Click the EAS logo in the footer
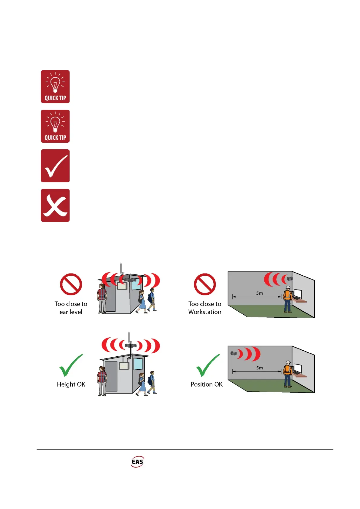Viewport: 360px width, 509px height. pos(137,462)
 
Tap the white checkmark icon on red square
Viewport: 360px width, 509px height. pos(55,166)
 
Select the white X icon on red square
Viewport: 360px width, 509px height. pos(55,206)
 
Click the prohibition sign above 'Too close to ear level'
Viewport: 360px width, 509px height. pos(71,284)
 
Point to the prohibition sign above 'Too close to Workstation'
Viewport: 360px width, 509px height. pos(205,284)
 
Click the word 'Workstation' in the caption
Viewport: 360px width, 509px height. pos(205,312)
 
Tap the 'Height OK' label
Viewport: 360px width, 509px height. pos(71,384)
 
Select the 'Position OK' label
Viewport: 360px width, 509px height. pos(207,384)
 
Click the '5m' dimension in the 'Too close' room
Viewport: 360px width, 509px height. pos(260,293)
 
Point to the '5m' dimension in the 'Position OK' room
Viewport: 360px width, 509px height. pos(260,368)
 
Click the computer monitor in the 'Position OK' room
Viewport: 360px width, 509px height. pos(298,368)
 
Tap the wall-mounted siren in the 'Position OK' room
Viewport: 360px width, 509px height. pos(233,353)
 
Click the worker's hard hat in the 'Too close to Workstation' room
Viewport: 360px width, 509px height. pos(288,287)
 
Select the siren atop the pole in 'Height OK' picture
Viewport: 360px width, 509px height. pos(130,345)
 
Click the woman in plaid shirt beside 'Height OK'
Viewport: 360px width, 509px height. pos(102,381)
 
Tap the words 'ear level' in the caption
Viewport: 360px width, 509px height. pos(71,312)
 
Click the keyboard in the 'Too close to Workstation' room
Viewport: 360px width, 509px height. pos(296,298)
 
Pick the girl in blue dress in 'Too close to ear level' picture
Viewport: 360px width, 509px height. pos(142,302)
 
